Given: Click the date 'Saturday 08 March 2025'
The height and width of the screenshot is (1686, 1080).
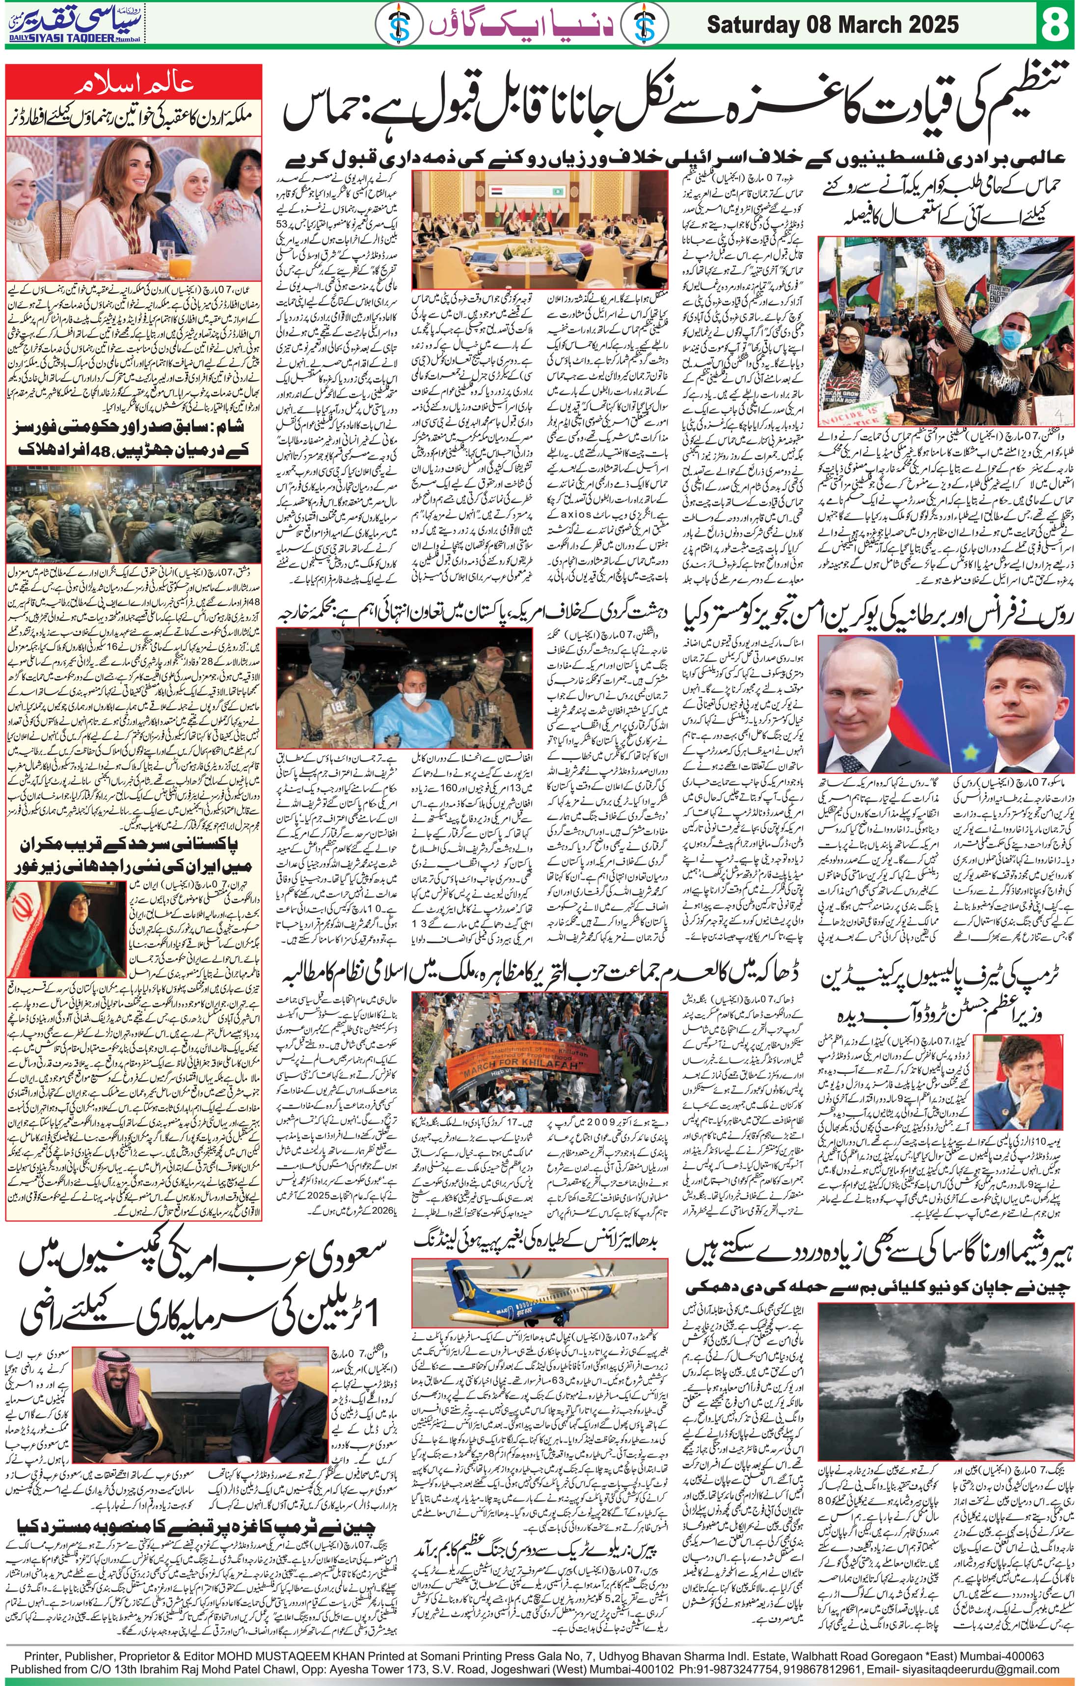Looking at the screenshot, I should click(832, 26).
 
